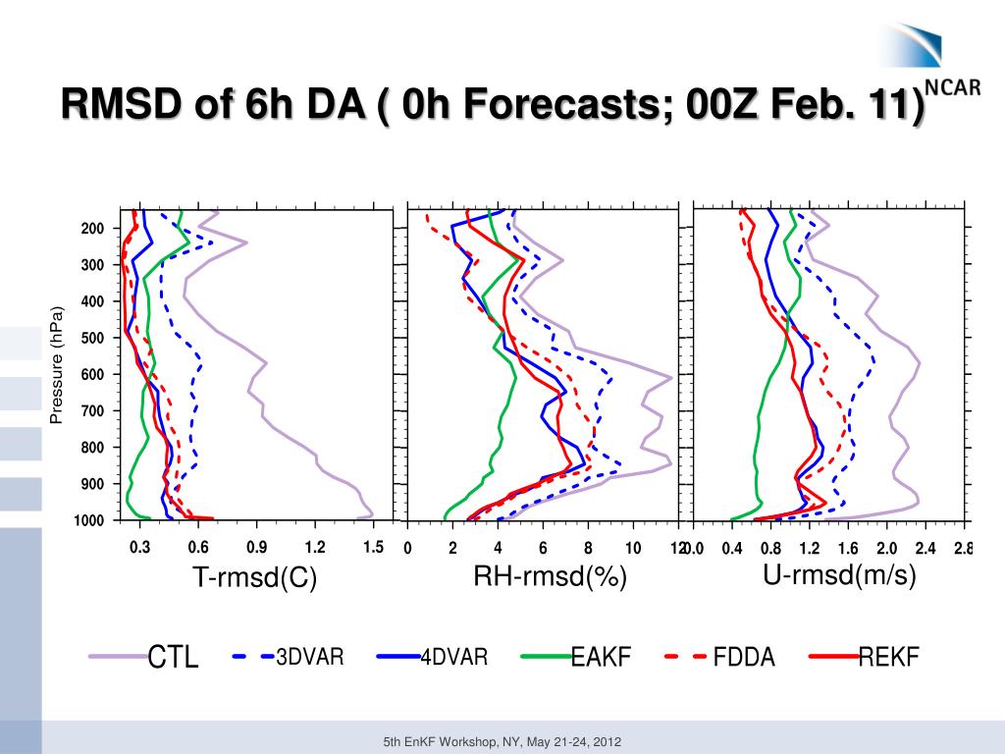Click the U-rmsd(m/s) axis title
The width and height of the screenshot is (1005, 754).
click(839, 575)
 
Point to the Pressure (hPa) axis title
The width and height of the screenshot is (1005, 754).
click(56, 365)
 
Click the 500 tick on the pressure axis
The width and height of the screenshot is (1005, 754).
click(92, 338)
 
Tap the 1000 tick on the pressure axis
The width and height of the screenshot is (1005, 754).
click(89, 520)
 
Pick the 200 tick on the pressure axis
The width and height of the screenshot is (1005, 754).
click(92, 229)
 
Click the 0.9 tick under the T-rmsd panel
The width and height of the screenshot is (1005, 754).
click(256, 548)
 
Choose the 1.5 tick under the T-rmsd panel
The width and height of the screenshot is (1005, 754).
click(372, 548)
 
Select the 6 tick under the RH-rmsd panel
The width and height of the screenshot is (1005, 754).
click(543, 548)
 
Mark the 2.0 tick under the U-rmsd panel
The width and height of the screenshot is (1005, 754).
click(887, 548)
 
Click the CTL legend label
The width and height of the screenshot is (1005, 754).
click(173, 658)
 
